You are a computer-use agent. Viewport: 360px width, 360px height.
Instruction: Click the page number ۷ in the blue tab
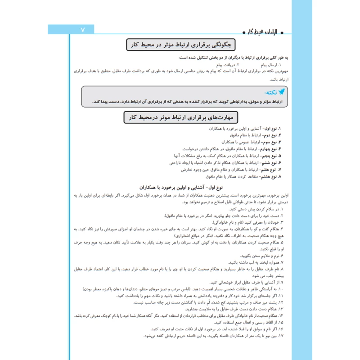tap(82, 30)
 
